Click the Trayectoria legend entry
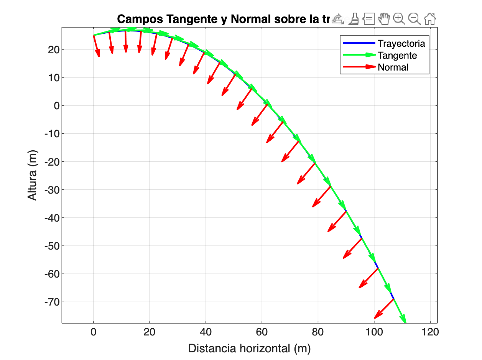pos(401,43)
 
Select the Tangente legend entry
pos(397,55)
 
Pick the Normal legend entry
pos(393,67)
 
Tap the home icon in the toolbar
pos(430,18)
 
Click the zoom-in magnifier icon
pos(399,18)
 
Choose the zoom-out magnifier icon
pos(414,18)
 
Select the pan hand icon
pos(384,18)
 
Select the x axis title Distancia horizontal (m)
pos(249,348)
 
